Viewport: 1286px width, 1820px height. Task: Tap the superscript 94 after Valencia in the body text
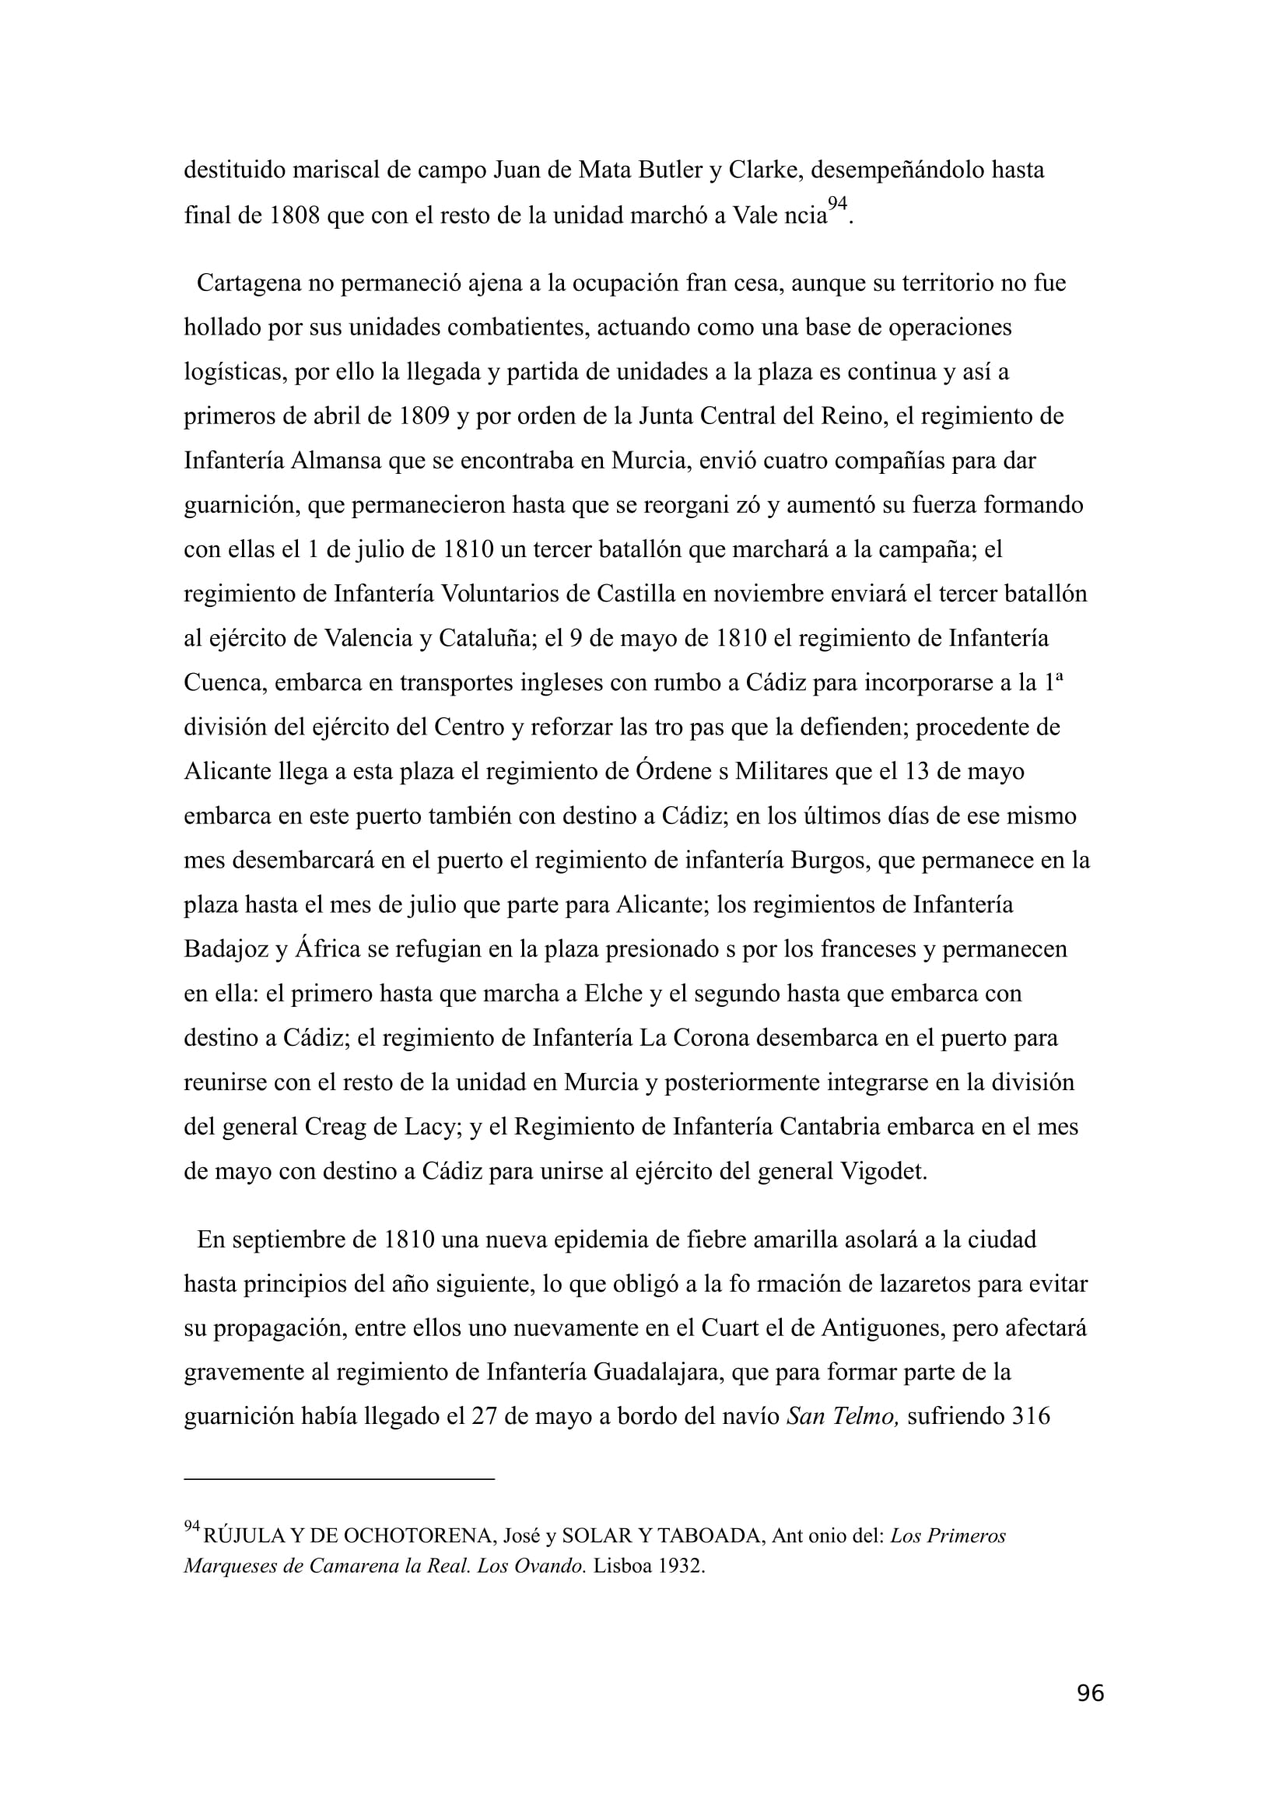point(837,205)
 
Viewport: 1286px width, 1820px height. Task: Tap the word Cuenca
point(225,682)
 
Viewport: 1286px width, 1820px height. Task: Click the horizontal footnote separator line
point(339,1479)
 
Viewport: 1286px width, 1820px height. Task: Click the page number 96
point(1090,1716)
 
